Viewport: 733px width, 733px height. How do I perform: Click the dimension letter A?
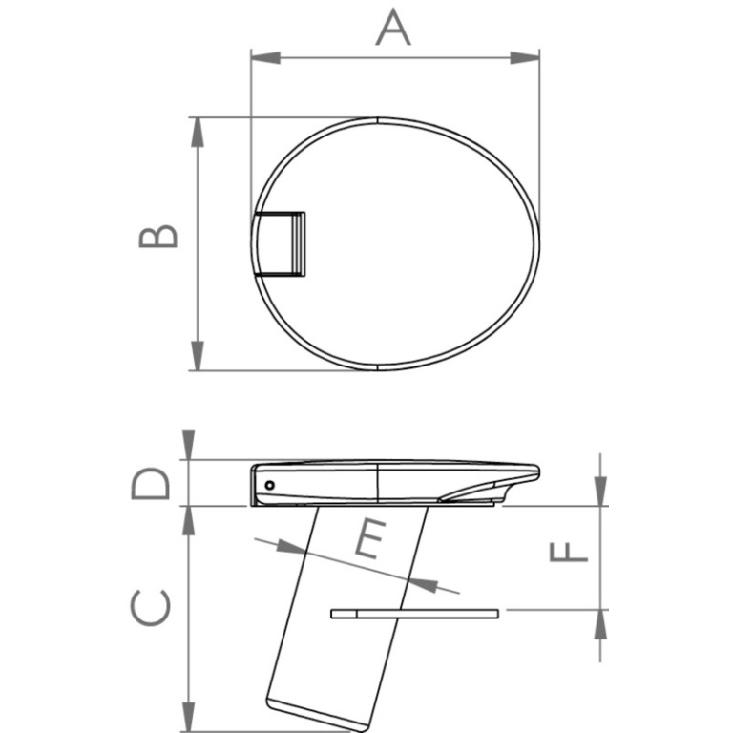[393, 28]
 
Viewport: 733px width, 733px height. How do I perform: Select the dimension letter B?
[158, 236]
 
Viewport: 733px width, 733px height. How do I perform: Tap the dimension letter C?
[150, 607]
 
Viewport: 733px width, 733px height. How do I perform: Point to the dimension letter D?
[150, 483]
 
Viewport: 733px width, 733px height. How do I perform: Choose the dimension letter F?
[568, 552]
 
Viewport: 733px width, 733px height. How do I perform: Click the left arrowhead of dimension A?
[265, 58]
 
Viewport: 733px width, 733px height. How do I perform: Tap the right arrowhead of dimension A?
[525, 58]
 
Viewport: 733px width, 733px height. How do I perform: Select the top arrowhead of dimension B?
[198, 133]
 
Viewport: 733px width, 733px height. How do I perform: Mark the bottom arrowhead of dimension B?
[198, 356]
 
